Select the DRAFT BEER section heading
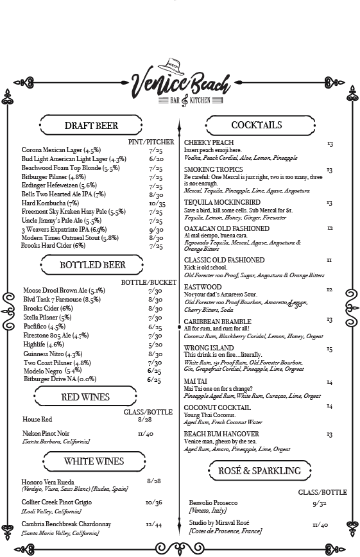pyautogui.click(x=92, y=125)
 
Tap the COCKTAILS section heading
pyautogui.click(x=256, y=124)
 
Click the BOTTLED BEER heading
pyautogui.click(x=92, y=264)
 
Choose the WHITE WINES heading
pyautogui.click(x=94, y=461)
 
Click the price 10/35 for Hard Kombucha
pyautogui.click(x=157, y=203)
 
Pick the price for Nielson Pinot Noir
pyautogui.click(x=145, y=434)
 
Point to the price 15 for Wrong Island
pyautogui.click(x=329, y=350)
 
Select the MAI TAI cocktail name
pyautogui.click(x=195, y=382)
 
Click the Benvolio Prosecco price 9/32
pyautogui.click(x=319, y=504)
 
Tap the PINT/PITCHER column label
pyautogui.click(x=151, y=141)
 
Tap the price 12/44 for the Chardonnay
pyautogui.click(x=154, y=524)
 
